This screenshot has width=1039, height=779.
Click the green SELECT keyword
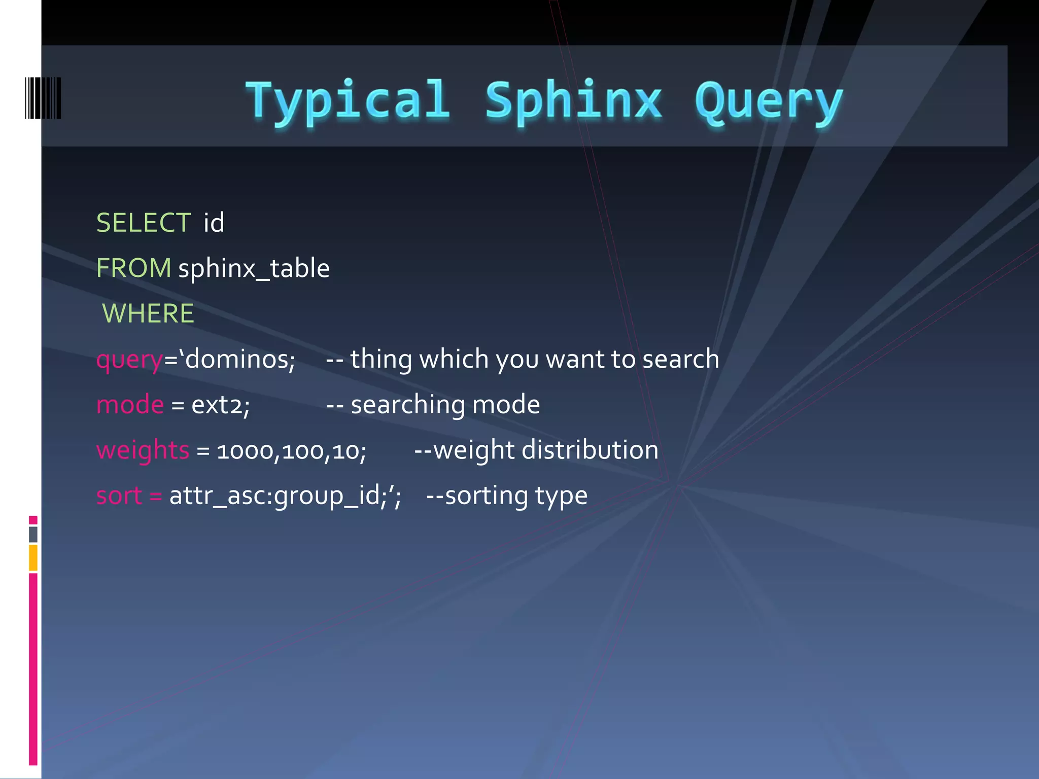coord(144,223)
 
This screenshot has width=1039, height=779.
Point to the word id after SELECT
coord(214,223)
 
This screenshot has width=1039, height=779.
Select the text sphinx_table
coord(254,268)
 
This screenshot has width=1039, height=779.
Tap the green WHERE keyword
coord(148,313)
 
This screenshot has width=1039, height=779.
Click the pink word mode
coord(130,405)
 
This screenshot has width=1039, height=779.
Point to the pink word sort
coord(119,495)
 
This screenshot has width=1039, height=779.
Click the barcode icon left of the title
coord(43,98)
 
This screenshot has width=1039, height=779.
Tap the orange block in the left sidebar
coord(33,557)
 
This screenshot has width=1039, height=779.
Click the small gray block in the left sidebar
coord(33,534)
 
